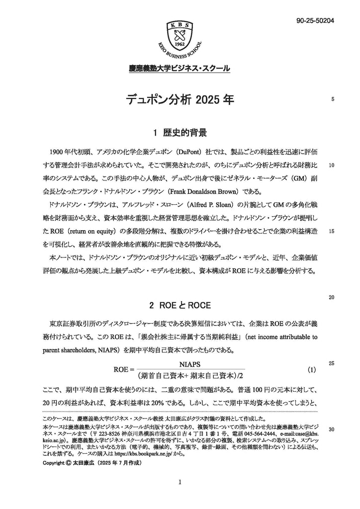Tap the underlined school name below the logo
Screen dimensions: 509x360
180,69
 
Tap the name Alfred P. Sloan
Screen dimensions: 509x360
215,204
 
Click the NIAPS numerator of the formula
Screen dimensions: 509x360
189,365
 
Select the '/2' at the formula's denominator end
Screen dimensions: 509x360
244,376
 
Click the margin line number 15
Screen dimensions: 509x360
332,218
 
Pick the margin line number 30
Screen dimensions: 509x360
332,429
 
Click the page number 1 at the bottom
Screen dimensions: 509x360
180,482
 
